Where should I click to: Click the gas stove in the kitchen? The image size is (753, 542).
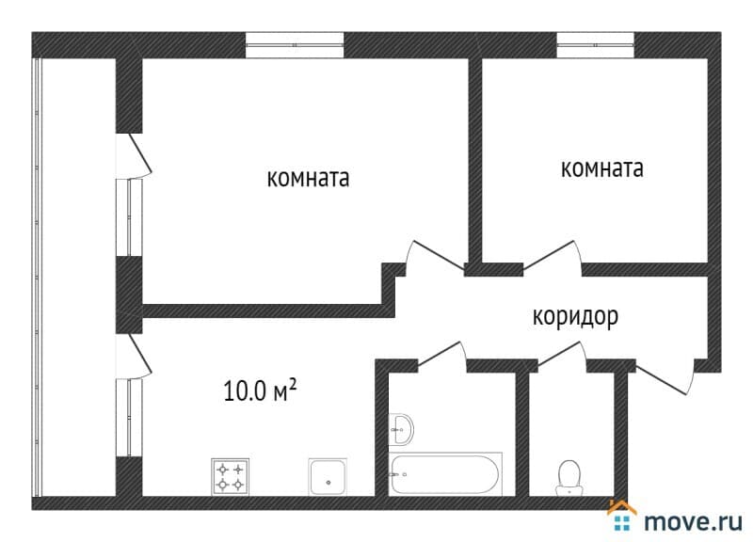(230, 477)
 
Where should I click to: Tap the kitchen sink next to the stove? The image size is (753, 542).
(328, 477)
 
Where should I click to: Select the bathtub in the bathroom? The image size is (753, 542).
(445, 474)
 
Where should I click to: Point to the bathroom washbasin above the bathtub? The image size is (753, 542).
(401, 429)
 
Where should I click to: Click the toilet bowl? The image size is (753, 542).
(569, 478)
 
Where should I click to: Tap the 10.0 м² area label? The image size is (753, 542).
(260, 391)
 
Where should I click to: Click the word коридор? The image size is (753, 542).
(575, 318)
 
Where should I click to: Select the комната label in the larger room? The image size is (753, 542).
(308, 178)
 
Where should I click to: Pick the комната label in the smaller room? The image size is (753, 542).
(602, 168)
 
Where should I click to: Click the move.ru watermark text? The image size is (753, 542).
(693, 522)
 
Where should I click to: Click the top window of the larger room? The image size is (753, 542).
(295, 45)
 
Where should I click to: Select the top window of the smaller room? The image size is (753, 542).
(596, 45)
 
